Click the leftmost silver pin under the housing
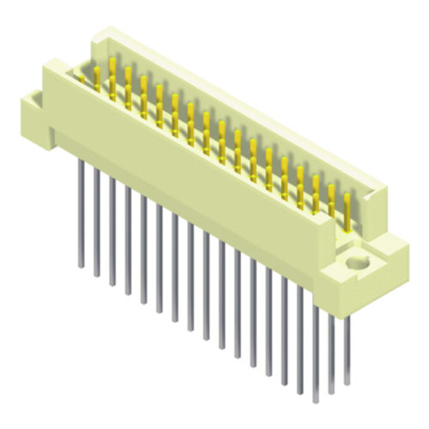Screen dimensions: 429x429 click(80, 214)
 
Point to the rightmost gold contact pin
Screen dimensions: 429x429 click(347, 211)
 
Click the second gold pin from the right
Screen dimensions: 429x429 click(331, 202)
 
